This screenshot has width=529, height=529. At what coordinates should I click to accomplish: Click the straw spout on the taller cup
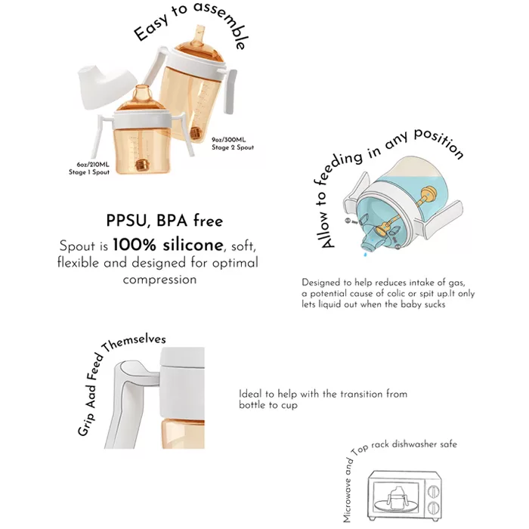pyautogui.click(x=199, y=36)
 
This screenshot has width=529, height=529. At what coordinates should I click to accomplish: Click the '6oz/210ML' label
pyautogui.click(x=93, y=165)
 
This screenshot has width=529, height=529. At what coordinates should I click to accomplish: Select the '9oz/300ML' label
pyautogui.click(x=228, y=140)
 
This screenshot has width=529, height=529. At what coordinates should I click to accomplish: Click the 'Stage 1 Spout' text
pyautogui.click(x=89, y=172)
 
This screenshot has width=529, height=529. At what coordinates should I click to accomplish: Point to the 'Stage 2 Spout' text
pyautogui.click(x=233, y=147)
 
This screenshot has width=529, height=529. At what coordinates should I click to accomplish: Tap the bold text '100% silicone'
pyautogui.click(x=168, y=246)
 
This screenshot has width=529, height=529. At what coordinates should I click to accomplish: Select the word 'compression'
pyautogui.click(x=159, y=280)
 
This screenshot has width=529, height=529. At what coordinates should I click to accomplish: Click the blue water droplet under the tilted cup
pyautogui.click(x=365, y=254)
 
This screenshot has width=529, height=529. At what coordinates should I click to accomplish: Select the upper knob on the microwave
pyautogui.click(x=433, y=491)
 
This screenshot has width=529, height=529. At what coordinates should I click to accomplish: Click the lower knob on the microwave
pyautogui.click(x=433, y=508)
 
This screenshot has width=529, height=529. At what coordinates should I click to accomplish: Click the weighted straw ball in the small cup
pyautogui.click(x=141, y=165)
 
